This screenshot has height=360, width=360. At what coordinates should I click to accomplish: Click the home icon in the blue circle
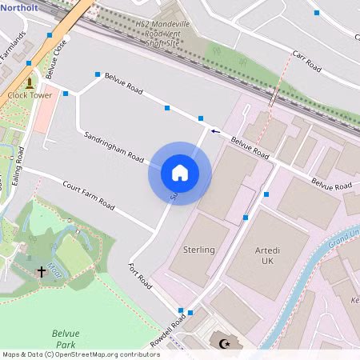point(180,173)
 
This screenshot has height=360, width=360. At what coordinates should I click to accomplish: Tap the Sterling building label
point(199,250)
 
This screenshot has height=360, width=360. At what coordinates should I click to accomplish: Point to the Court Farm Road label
point(88,194)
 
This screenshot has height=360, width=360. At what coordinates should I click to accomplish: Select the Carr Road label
point(306,62)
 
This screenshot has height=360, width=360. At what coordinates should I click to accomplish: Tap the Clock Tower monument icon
point(30,82)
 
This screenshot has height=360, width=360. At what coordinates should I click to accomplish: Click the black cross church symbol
point(42,272)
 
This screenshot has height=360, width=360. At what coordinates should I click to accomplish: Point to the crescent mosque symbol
point(225,344)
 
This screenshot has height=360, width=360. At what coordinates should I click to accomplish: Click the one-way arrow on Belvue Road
point(214,130)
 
